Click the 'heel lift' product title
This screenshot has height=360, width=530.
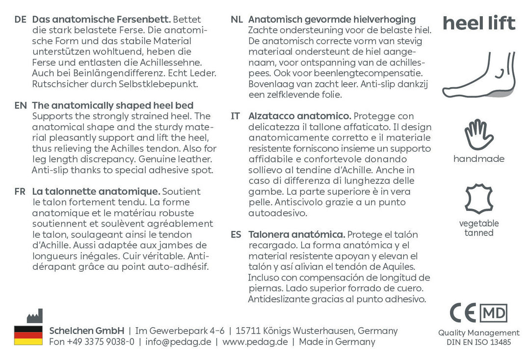478,23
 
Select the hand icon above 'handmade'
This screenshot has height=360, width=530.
479,134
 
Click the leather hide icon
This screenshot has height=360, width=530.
479,199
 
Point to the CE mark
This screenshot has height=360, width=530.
463,313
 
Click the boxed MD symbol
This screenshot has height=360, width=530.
493,313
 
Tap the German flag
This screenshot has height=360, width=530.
28,335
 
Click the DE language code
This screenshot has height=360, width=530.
20,20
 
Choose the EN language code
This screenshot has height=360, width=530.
20,105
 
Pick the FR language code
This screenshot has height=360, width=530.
20,191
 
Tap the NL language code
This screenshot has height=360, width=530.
237,20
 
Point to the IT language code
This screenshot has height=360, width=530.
236,116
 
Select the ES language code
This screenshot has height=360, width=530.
236,234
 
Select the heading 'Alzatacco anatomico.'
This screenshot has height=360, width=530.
299,116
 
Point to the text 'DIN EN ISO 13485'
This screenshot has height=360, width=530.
478,342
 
